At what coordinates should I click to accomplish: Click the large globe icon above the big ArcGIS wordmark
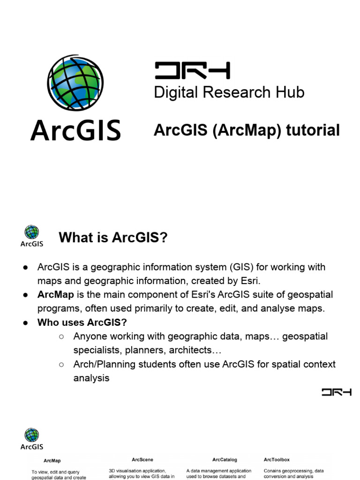pyautogui.click(x=75, y=83)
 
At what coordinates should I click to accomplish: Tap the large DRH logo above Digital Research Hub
pyautogui.click(x=192, y=71)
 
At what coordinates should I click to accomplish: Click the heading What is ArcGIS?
pyautogui.click(x=113, y=238)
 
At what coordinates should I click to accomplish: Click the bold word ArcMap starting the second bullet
pyautogui.click(x=56, y=295)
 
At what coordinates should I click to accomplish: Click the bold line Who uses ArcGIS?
pyautogui.click(x=82, y=322)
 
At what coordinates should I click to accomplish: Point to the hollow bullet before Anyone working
pyautogui.click(x=62, y=337)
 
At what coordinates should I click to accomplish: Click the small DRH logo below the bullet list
pyautogui.click(x=337, y=392)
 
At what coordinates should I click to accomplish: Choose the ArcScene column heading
pyautogui.click(x=142, y=460)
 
